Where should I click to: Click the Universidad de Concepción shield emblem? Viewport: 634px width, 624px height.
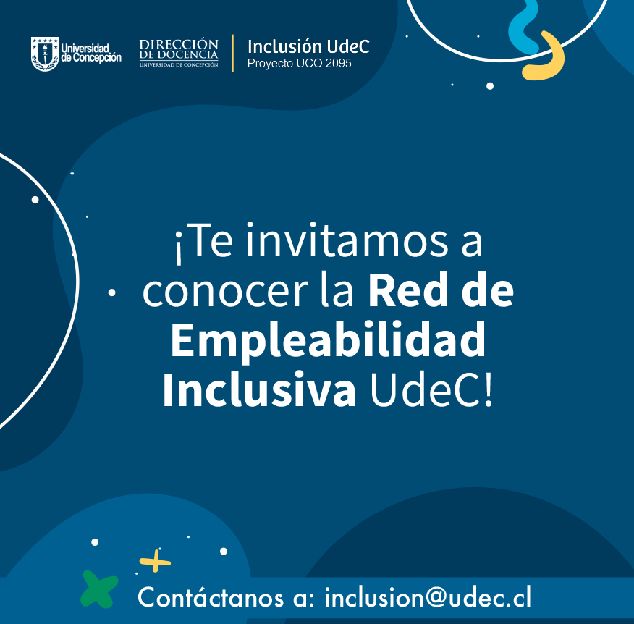click(45, 54)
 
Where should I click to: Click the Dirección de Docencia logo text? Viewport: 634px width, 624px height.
click(179, 53)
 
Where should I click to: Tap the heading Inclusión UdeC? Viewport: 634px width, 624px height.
click(308, 46)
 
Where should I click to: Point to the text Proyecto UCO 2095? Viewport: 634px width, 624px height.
click(299, 64)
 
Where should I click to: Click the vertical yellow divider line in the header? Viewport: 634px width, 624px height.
click(232, 53)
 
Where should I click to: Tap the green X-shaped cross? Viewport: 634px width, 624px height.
click(99, 589)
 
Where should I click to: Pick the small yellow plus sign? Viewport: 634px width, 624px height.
click(155, 561)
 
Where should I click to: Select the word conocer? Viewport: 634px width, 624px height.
click(225, 291)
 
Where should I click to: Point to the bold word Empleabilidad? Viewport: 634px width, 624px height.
click(328, 340)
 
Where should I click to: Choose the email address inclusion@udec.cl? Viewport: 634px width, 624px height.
click(428, 597)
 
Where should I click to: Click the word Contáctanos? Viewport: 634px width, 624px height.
click(211, 596)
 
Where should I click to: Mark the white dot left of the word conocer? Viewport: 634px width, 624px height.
click(112, 292)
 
